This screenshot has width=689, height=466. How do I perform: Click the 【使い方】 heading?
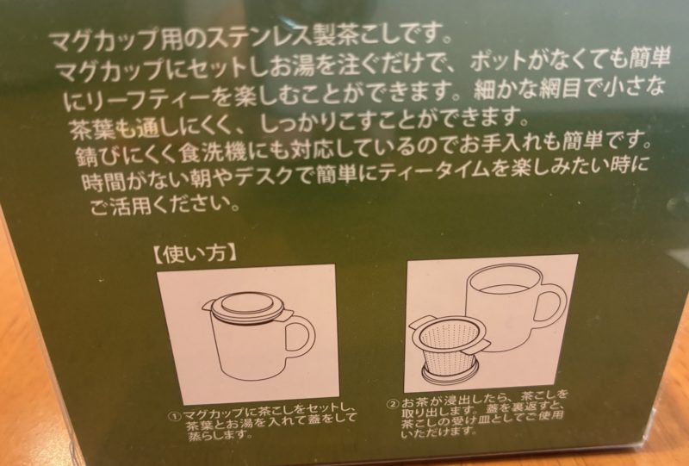coord(194,255)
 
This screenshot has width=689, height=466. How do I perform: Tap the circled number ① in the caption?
coord(175,416)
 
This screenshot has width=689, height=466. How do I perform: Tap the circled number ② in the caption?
coord(392,402)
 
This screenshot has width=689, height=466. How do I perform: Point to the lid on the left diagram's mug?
coord(247,307)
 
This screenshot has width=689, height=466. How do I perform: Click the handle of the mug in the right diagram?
coord(552,307)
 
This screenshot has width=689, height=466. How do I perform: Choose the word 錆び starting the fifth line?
coord(96,156)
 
